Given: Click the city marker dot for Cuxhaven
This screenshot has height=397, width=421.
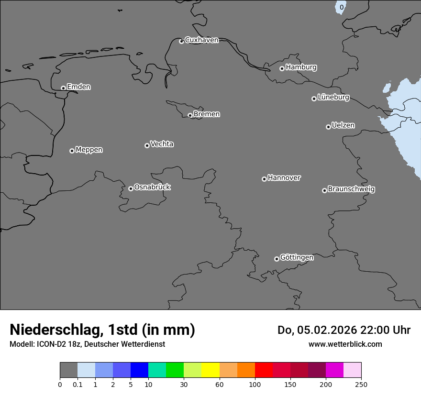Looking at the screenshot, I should (181, 41).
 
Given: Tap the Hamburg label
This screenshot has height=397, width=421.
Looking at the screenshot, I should (301, 67).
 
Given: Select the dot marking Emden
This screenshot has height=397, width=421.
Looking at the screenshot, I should (63, 88).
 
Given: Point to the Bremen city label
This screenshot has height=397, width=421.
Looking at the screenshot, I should (207, 114).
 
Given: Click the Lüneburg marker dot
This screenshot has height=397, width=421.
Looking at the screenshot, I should (314, 99).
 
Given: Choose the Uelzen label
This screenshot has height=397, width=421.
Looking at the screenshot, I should (343, 125).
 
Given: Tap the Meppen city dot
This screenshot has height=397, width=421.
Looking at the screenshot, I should (72, 151).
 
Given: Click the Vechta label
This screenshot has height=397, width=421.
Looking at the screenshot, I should (162, 144).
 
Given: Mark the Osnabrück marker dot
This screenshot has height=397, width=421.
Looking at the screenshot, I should (131, 188).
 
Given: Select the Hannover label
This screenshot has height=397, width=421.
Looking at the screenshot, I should (284, 178).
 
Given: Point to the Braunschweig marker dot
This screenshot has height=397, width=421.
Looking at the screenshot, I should (324, 190).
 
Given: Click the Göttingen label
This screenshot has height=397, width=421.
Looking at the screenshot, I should (297, 257).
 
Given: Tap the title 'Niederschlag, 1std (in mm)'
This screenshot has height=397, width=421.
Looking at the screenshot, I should (102, 330).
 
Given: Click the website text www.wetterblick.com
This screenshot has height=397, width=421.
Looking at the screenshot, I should (345, 344).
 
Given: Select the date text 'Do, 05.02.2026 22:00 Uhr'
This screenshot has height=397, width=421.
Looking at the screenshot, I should (344, 330).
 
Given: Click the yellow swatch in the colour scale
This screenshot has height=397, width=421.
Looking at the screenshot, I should (210, 370).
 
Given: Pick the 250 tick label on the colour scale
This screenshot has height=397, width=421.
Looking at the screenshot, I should (361, 384).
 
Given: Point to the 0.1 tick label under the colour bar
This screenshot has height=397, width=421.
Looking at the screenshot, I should (78, 384).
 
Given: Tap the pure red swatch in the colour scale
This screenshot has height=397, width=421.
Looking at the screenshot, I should (264, 370).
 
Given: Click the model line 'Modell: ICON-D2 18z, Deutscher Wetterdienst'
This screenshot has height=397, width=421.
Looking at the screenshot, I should (87, 344).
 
